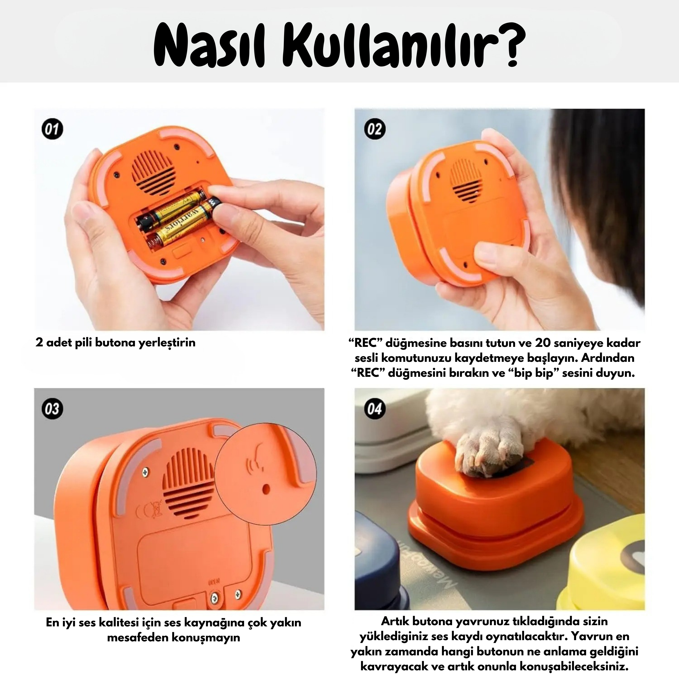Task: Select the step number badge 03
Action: (x=52, y=409)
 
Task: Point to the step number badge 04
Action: (x=374, y=409)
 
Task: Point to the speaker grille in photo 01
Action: (x=153, y=172)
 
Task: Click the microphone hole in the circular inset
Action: (x=266, y=489)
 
